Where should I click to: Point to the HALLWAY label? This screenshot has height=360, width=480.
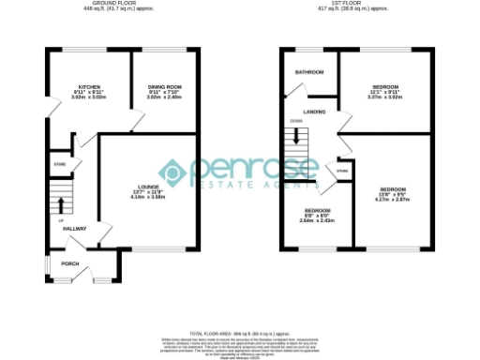click(x=74, y=229)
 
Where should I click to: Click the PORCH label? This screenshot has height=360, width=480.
click(x=70, y=263)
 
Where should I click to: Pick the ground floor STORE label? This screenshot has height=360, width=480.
click(x=58, y=165)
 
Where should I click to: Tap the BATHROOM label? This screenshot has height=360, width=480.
click(x=309, y=72)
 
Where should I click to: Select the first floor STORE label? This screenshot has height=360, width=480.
click(x=343, y=172)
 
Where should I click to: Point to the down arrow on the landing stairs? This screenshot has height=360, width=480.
click(x=298, y=135)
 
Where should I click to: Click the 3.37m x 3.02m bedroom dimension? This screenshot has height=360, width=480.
click(x=386, y=96)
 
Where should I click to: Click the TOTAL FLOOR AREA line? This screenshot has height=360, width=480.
click(x=240, y=334)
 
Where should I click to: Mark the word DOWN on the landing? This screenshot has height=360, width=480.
click(x=295, y=121)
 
